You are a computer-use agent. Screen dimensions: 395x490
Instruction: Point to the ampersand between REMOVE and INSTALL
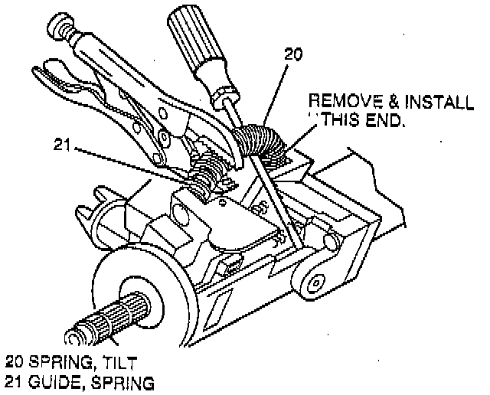click(x=381, y=102)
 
